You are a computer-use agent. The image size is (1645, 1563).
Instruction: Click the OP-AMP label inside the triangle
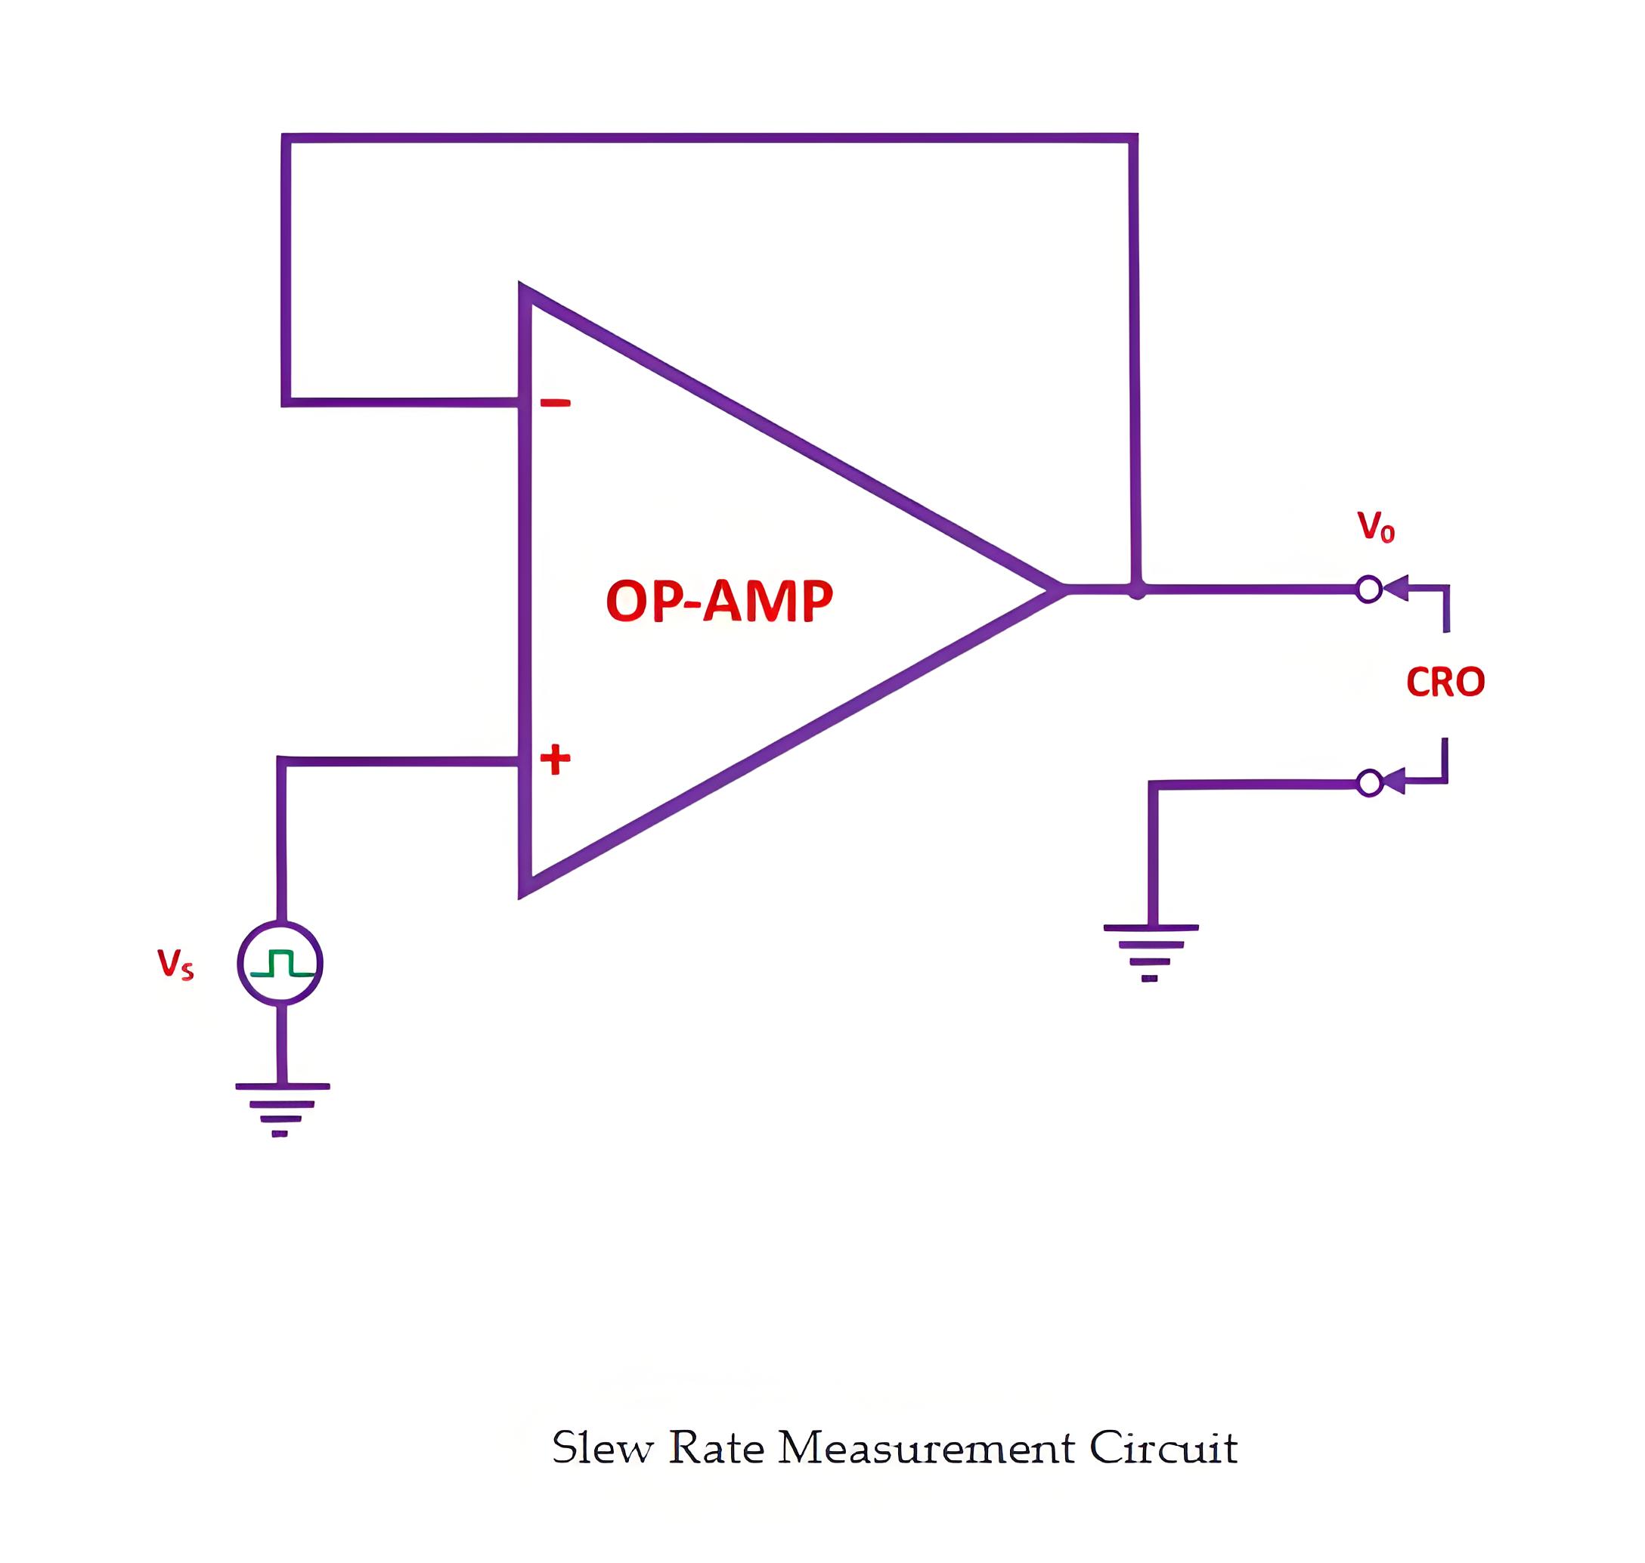(719, 600)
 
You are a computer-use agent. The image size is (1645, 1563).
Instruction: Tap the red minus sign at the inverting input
(555, 404)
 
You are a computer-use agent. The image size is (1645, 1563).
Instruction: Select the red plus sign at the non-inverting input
(555, 759)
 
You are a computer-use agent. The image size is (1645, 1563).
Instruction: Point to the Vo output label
(1376, 527)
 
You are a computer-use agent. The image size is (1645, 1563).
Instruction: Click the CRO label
(1446, 682)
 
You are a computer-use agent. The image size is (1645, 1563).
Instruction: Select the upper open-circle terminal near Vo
(1368, 589)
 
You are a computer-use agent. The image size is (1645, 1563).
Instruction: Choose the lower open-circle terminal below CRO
(1369, 783)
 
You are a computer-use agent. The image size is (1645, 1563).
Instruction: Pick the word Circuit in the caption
(1163, 1448)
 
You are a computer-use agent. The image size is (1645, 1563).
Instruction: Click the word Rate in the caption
(717, 1448)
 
